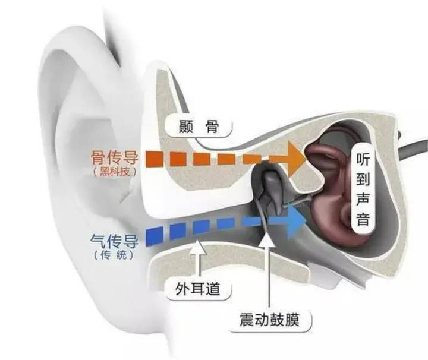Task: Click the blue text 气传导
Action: [114, 241]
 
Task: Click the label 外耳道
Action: [199, 289]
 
